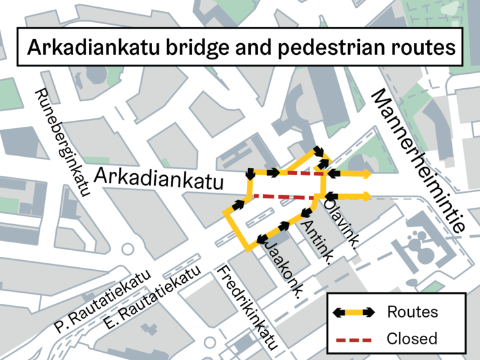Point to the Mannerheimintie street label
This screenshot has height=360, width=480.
(x=419, y=161)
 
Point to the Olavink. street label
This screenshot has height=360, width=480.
(x=341, y=223)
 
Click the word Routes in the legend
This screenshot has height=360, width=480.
(x=412, y=312)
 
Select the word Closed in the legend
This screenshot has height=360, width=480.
(x=412, y=339)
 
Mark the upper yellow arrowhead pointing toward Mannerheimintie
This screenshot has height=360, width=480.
(x=367, y=173)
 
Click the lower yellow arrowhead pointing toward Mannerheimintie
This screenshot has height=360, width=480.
(x=367, y=196)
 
